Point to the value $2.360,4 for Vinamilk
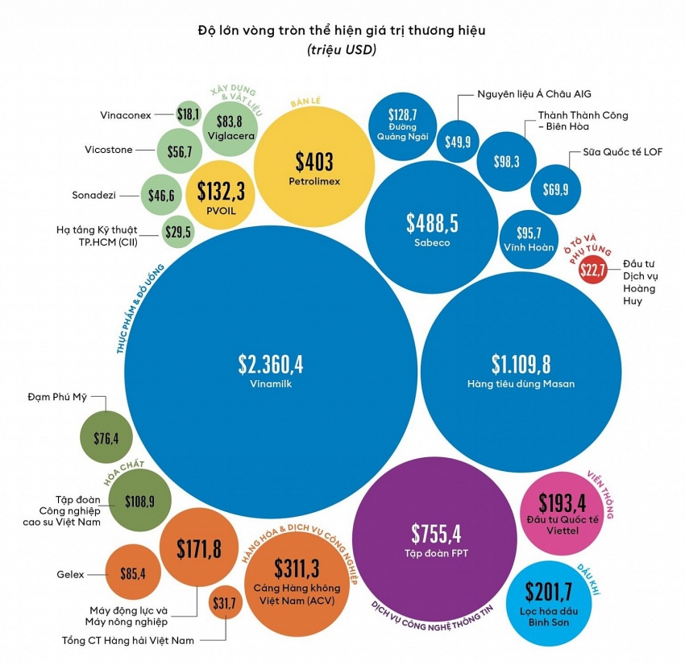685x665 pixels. pyautogui.click(x=270, y=364)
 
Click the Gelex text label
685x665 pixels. pyautogui.click(x=71, y=575)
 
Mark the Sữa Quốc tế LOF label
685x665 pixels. pyautogui.click(x=625, y=152)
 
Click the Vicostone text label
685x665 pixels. pyautogui.click(x=109, y=150)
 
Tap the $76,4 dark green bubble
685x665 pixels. pyautogui.click(x=106, y=438)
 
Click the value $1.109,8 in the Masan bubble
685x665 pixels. pyautogui.click(x=521, y=364)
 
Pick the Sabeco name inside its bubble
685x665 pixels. pyautogui.click(x=432, y=242)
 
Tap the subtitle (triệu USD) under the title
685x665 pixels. pyautogui.click(x=342, y=50)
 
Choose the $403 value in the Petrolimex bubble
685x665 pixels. pyautogui.click(x=313, y=162)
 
